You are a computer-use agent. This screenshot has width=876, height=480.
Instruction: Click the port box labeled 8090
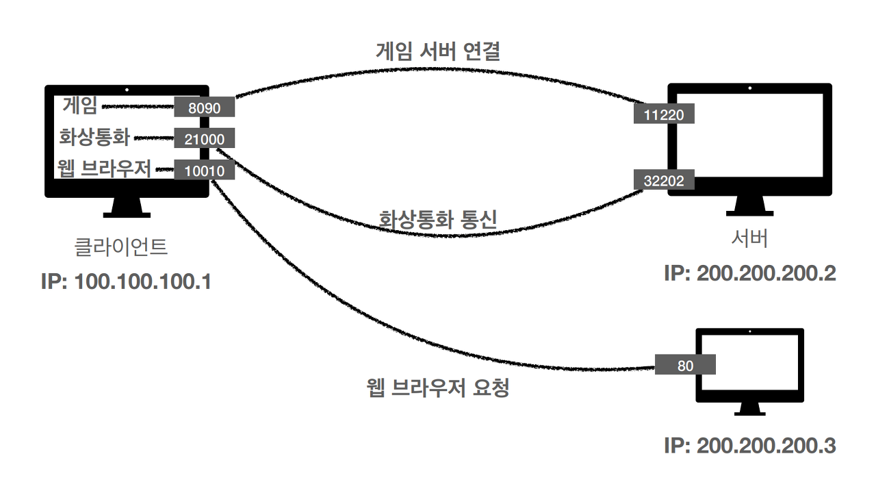click(204, 107)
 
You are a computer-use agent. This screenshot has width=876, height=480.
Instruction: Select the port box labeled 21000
click(204, 139)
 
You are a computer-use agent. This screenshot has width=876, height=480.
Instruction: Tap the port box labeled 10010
click(204, 170)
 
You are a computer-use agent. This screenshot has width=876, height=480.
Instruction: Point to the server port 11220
click(664, 114)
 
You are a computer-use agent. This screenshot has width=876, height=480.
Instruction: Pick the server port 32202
click(664, 180)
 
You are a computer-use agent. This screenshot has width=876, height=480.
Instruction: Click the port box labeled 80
click(685, 365)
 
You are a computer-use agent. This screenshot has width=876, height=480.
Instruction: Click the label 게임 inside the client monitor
click(81, 105)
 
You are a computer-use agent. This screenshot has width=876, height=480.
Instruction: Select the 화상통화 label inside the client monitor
click(94, 137)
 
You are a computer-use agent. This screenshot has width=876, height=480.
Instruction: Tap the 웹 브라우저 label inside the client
click(105, 168)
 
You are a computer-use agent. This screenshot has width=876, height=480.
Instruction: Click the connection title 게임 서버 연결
click(438, 51)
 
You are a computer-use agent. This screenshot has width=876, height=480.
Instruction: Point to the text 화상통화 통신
click(438, 219)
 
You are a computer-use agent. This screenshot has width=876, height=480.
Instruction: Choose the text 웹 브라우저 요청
click(438, 388)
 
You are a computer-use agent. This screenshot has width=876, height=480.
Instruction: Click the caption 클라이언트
click(120, 247)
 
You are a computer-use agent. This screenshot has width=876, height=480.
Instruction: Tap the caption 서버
click(749, 239)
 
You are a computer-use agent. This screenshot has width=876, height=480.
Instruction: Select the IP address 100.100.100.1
click(126, 280)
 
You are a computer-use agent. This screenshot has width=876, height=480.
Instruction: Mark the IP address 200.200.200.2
click(749, 273)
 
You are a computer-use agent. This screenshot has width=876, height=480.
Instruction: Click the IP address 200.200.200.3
click(749, 446)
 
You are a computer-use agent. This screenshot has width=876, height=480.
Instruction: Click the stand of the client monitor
click(127, 207)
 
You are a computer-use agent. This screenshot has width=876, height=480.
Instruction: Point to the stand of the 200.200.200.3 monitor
click(750, 409)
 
